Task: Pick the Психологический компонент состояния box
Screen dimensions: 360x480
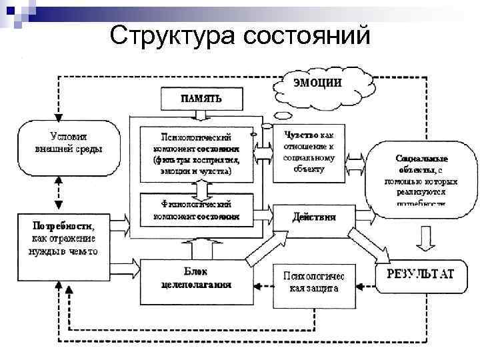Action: [197, 153]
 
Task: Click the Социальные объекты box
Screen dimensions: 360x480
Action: [421, 179]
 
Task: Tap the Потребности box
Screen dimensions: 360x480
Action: [59, 235]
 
